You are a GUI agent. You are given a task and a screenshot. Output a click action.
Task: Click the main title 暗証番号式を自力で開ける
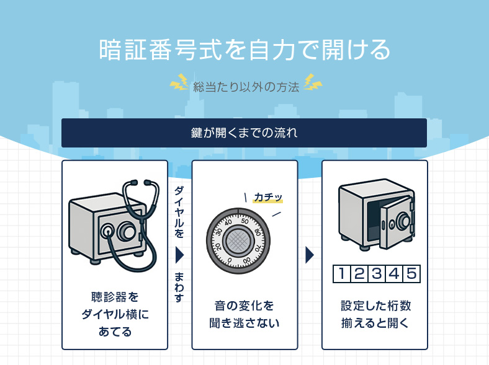click(x=244, y=50)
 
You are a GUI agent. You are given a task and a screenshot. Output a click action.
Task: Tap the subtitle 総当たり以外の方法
click(x=246, y=86)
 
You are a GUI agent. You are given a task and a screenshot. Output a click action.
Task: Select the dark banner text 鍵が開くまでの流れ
click(x=244, y=133)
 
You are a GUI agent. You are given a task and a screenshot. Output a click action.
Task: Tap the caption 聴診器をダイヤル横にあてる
click(x=115, y=314)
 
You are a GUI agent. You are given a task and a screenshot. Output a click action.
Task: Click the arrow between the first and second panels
click(x=179, y=255)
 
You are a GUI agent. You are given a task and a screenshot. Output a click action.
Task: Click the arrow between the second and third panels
click(x=310, y=255)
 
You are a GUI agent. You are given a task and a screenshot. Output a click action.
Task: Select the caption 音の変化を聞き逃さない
click(x=244, y=314)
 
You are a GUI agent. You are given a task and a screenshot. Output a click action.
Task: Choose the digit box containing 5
click(x=410, y=274)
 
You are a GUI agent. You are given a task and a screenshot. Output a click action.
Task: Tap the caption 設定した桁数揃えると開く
click(x=375, y=314)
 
